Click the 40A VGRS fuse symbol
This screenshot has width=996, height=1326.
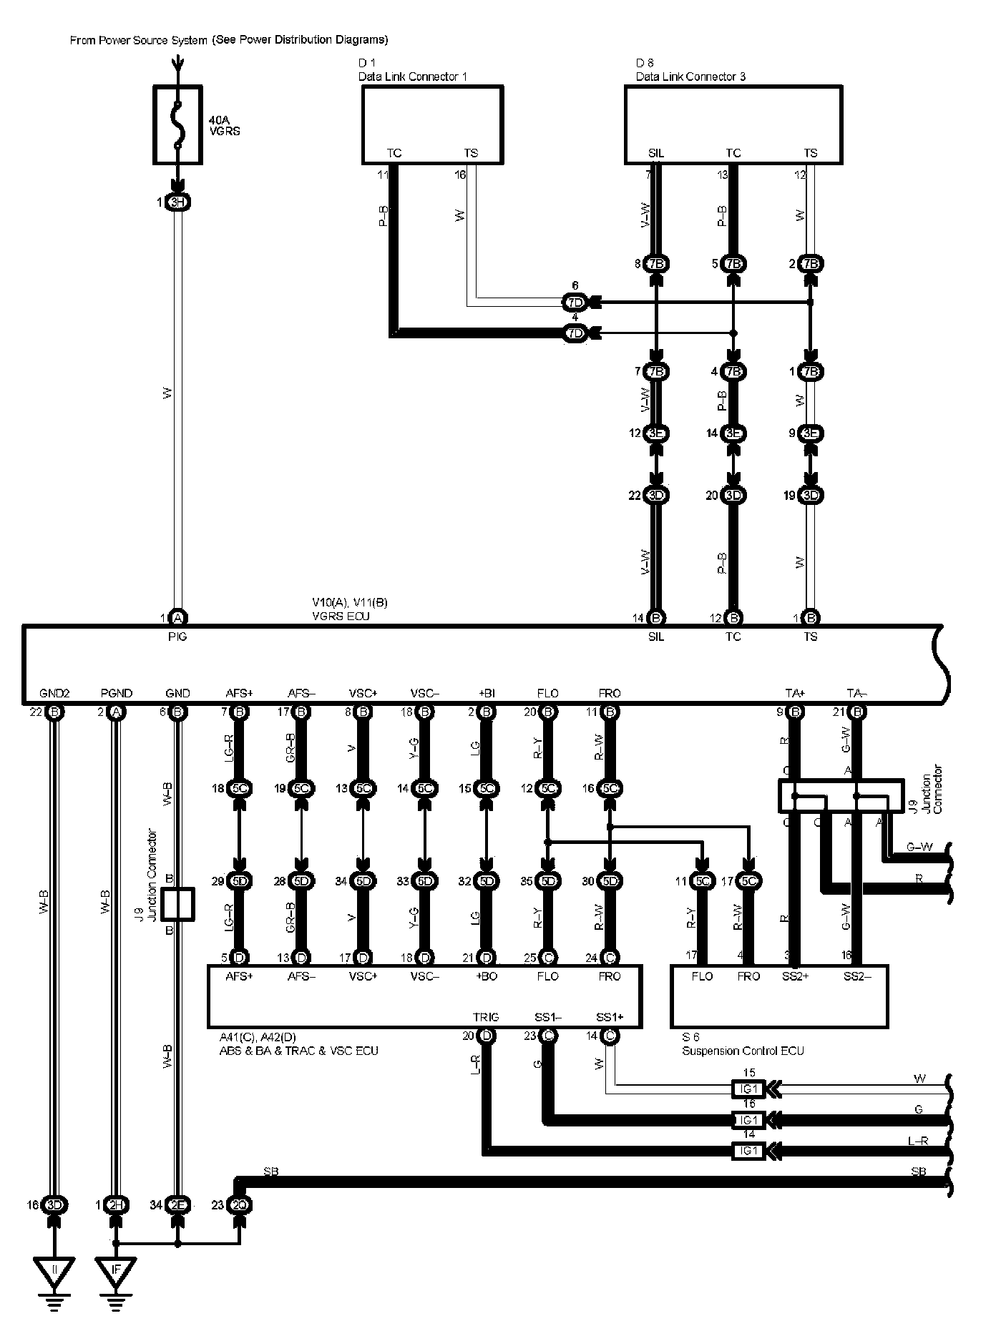(177, 125)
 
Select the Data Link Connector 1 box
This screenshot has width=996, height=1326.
(431, 125)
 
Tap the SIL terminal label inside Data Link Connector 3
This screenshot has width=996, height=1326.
(656, 153)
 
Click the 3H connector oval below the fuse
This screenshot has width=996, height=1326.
(177, 202)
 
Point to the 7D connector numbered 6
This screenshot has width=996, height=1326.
(575, 303)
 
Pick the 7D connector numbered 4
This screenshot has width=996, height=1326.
(575, 333)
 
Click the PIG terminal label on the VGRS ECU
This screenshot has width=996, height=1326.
(177, 637)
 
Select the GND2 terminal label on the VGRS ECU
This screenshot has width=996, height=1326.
(55, 693)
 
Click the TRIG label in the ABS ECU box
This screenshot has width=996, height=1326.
(486, 1017)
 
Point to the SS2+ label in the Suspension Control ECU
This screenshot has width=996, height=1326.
(796, 976)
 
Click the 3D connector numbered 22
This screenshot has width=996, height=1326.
(656, 496)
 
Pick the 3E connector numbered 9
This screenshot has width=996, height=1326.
(810, 433)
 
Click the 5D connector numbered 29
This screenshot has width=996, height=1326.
(240, 882)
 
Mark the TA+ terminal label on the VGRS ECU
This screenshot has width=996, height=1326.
(796, 693)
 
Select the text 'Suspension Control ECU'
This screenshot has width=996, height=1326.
(743, 1051)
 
